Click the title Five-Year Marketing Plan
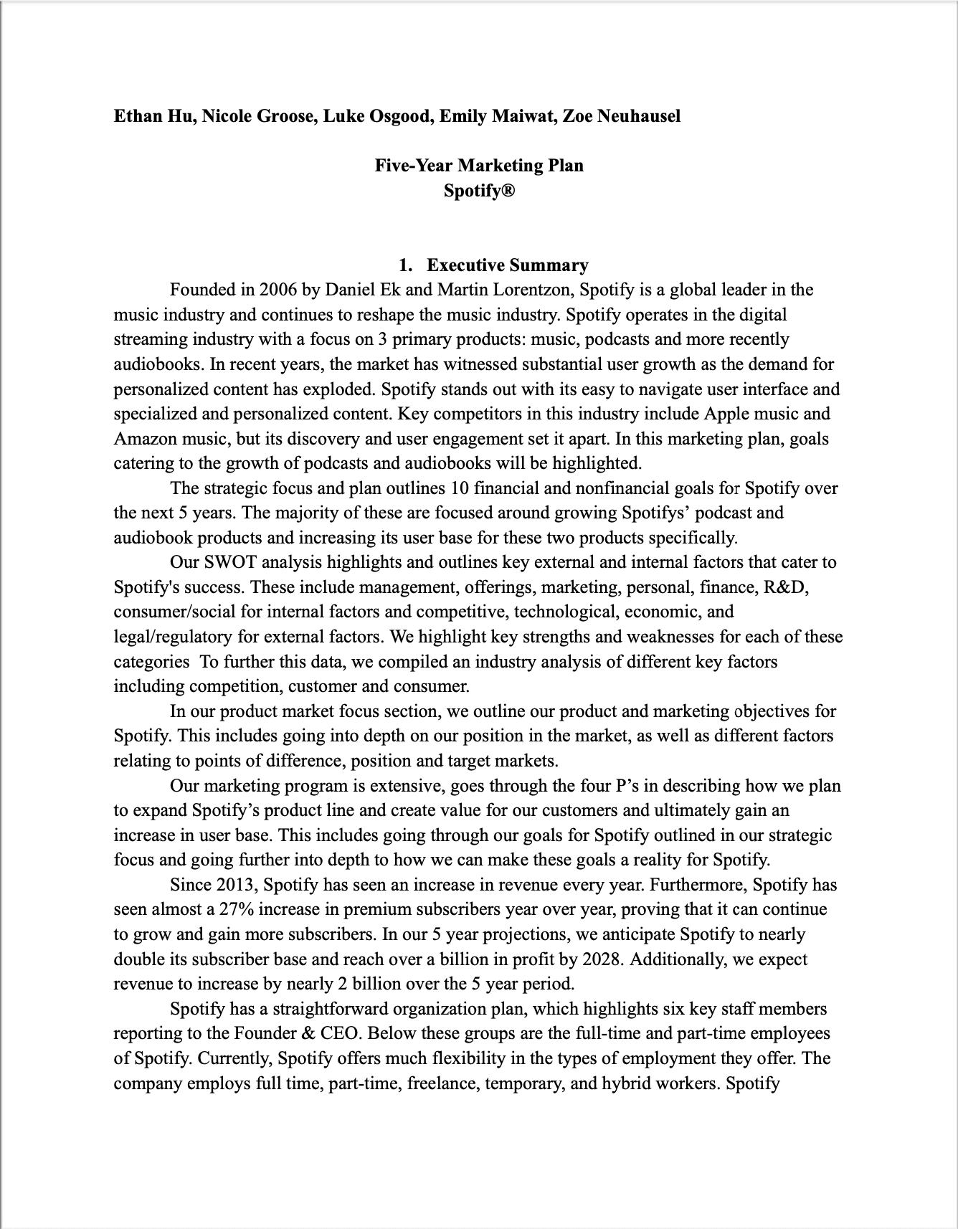[479, 166]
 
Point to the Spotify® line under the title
[479, 191]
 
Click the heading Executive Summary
[507, 265]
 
